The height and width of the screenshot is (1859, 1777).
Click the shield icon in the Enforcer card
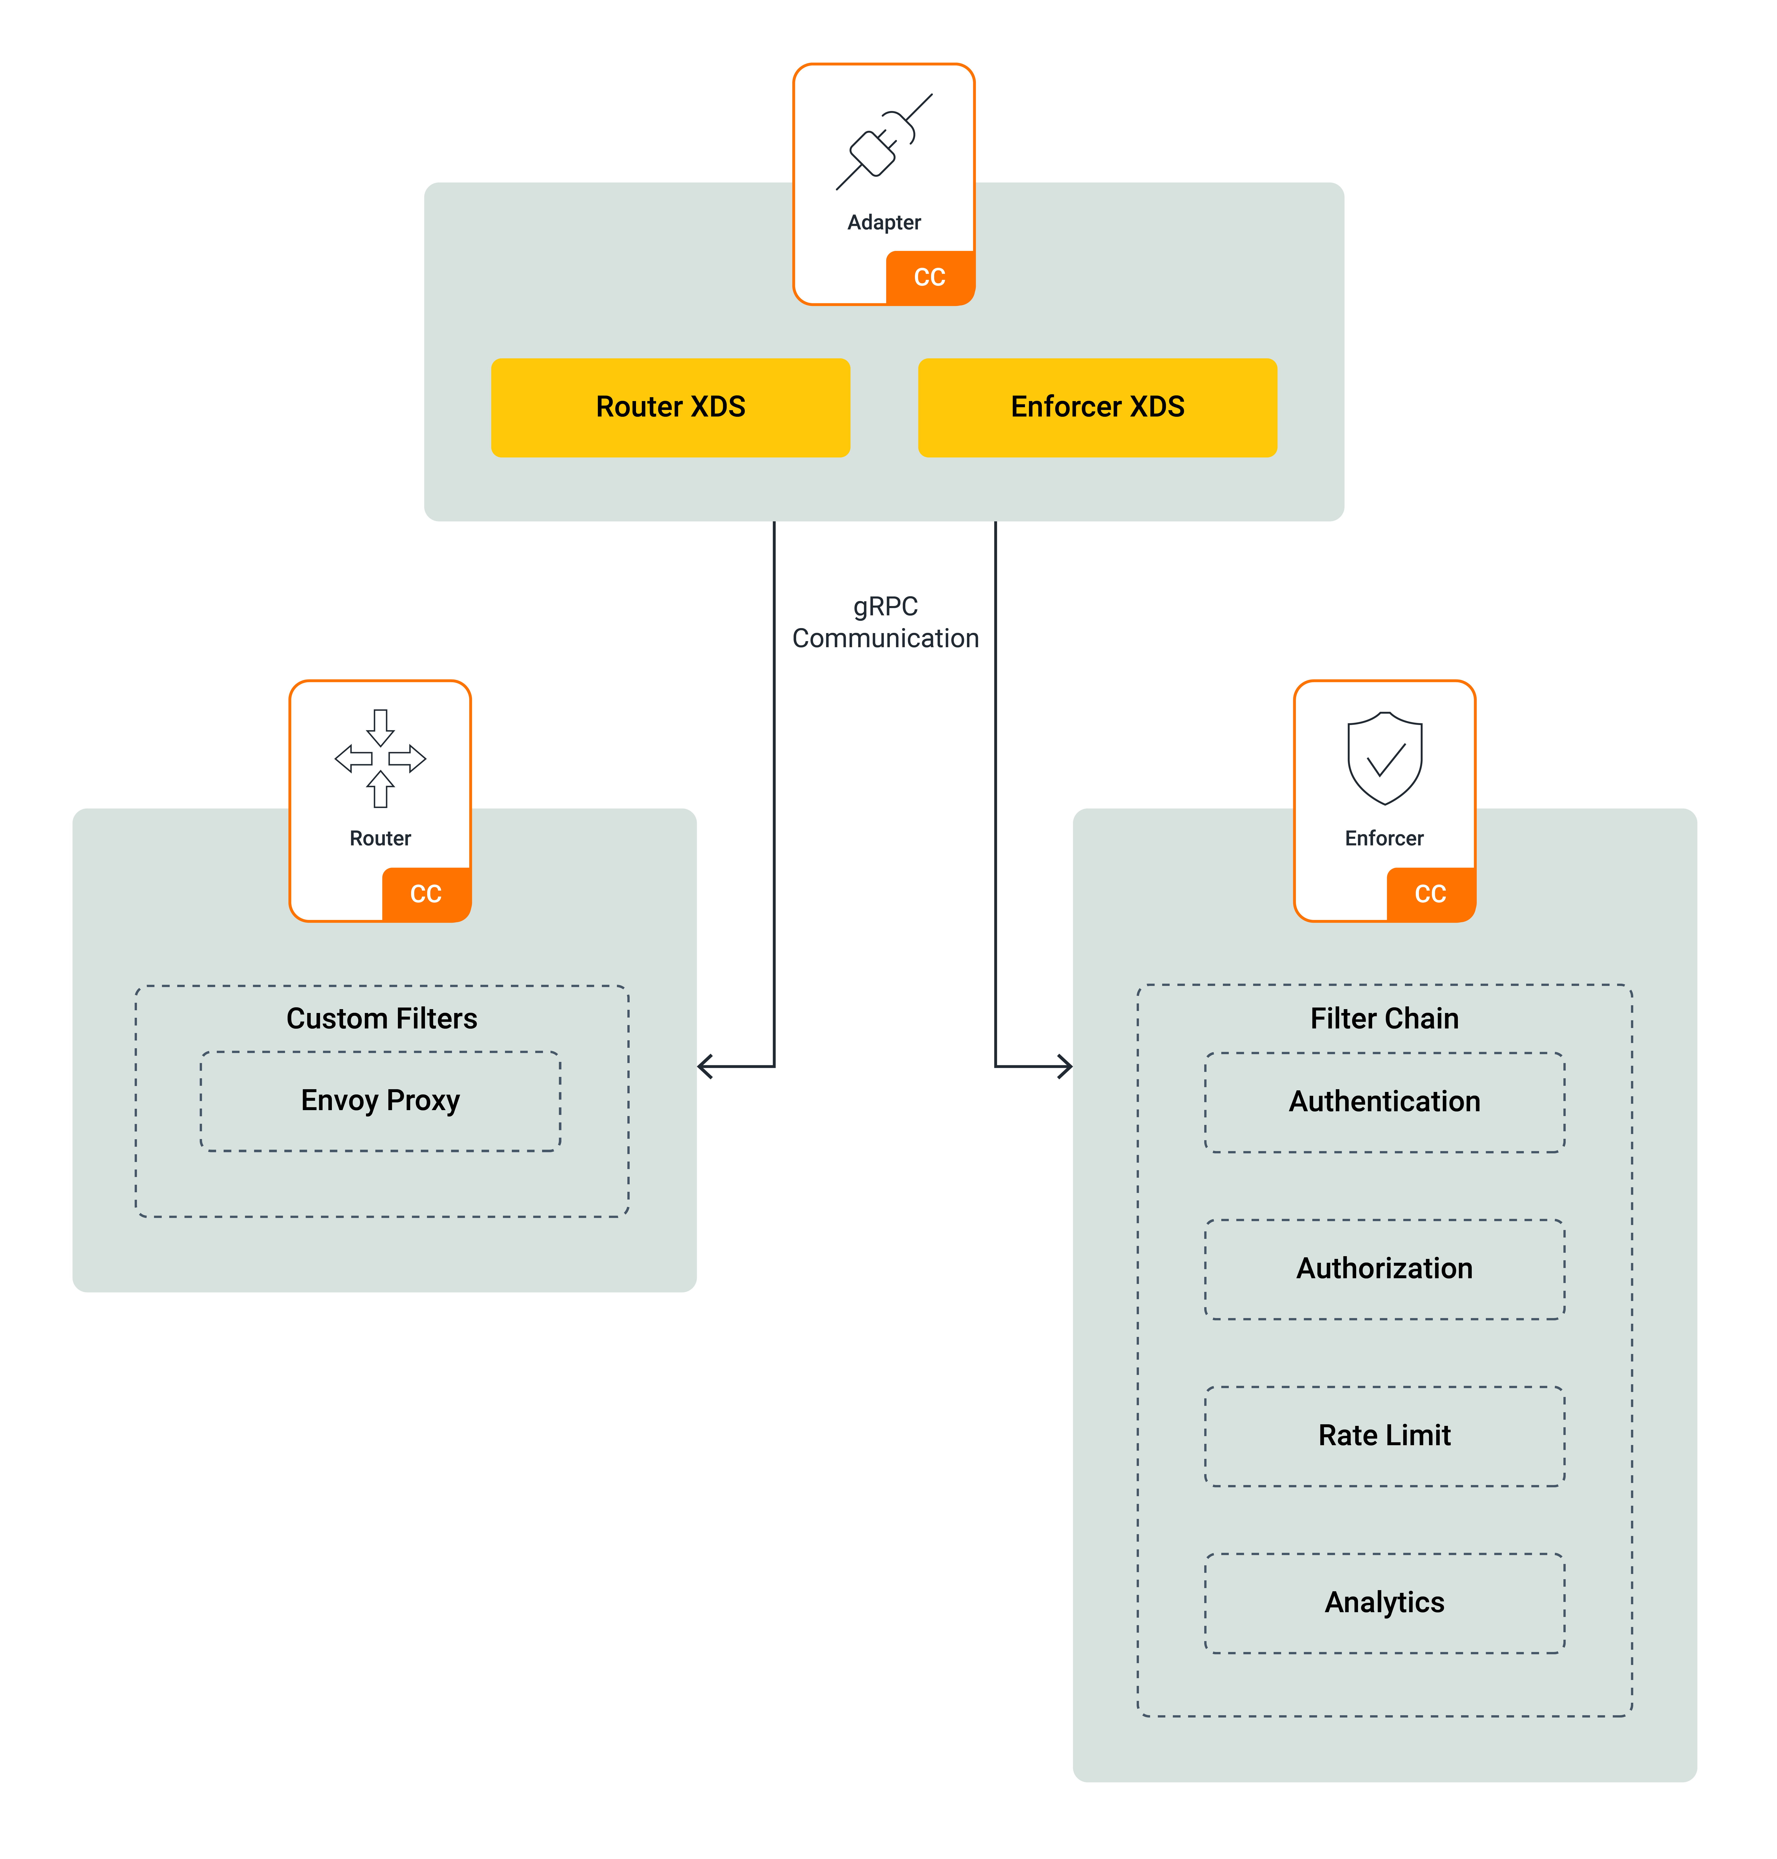click(1385, 758)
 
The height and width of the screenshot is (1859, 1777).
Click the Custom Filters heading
click(382, 1019)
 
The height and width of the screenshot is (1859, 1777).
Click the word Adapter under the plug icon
click(884, 223)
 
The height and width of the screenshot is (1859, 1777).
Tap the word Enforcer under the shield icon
click(1384, 839)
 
